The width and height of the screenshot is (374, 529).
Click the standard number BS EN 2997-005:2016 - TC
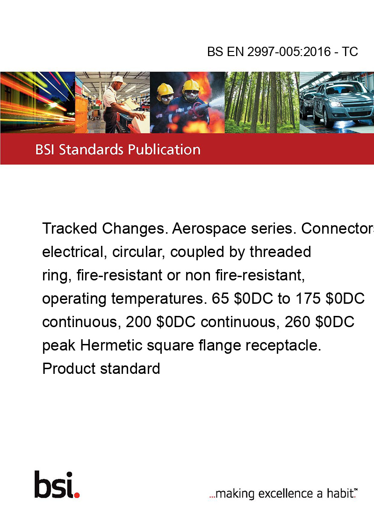(x=282, y=51)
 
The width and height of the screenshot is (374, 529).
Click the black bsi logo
(x=57, y=485)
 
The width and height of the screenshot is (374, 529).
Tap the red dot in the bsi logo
(x=77, y=495)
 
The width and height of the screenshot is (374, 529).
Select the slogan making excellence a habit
(x=283, y=493)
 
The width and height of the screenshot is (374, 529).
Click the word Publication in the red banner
(x=164, y=150)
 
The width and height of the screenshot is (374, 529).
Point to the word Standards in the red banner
(x=91, y=150)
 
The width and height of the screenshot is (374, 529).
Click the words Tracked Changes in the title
(x=105, y=229)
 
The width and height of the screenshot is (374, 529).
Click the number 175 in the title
(x=308, y=299)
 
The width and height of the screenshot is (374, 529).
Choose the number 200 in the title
(x=138, y=322)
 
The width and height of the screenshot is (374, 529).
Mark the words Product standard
(x=101, y=368)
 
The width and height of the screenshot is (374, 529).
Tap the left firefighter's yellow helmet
(x=165, y=89)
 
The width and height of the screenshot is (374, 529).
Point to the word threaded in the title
(x=280, y=252)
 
